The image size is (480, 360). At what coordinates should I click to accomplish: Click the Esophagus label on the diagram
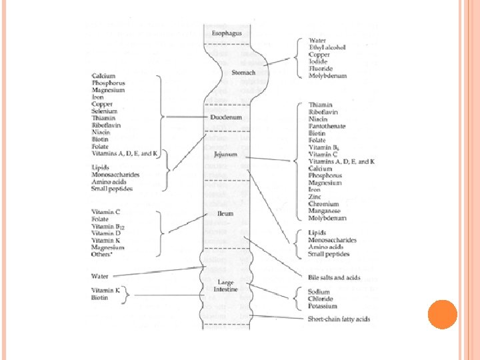pos(227,33)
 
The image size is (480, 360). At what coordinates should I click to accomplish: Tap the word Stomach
pos(243,73)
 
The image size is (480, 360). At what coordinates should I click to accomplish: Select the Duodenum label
pos(227,117)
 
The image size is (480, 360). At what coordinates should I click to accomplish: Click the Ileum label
pos(225,214)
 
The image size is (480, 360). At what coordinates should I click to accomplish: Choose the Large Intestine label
pos(226,286)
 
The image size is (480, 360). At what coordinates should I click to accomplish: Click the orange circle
pos(442,314)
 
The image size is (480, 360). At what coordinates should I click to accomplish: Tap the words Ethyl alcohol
pos(327,47)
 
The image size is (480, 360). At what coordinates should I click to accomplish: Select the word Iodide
pos(318,61)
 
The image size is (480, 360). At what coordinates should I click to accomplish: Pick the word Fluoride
pos(321,69)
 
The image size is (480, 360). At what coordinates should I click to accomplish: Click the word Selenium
pos(105,111)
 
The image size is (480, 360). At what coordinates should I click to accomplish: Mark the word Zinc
pos(315,197)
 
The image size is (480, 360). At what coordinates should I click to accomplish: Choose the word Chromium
pos(323,204)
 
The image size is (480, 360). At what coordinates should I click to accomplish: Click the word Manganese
pos(325,211)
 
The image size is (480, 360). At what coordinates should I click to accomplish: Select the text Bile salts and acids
pos(334,277)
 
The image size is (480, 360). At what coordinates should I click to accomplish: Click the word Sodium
pos(319,292)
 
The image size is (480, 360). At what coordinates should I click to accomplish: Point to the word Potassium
pos(323,305)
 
